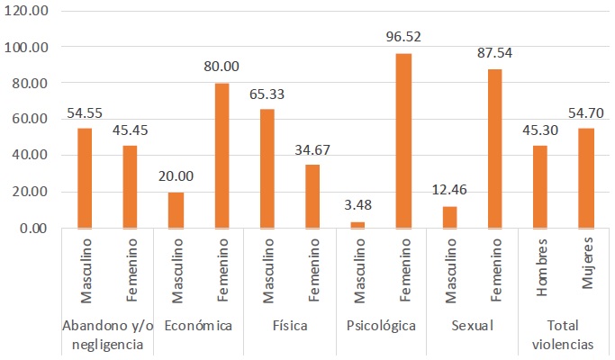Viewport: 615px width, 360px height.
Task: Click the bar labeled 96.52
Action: pyautogui.click(x=403, y=140)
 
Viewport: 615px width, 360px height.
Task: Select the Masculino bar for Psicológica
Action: pyautogui.click(x=357, y=225)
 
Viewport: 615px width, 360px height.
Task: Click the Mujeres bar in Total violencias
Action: pyautogui.click(x=586, y=178)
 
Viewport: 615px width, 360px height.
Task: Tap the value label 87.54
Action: pyautogui.click(x=495, y=54)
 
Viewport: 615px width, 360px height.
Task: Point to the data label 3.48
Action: pyautogui.click(x=357, y=207)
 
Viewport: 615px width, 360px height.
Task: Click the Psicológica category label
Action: pyautogui.click(x=380, y=325)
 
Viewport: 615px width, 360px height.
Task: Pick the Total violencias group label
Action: pyautogui.click(x=563, y=333)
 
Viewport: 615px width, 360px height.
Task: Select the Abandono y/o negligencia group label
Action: pyautogui.click(x=107, y=333)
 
